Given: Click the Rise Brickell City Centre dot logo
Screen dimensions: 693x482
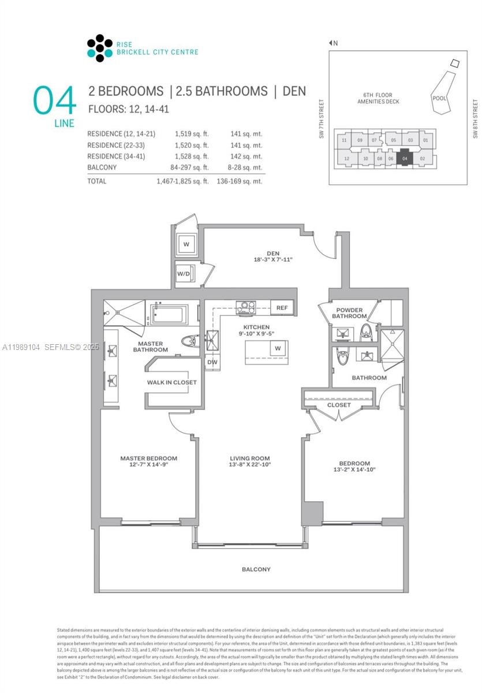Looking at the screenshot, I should [x=100, y=48].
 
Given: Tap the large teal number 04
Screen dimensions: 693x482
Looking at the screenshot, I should [x=55, y=100].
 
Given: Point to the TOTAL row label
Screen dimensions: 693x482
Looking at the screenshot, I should [x=97, y=181].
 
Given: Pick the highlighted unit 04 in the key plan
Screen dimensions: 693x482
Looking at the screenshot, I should [x=405, y=158].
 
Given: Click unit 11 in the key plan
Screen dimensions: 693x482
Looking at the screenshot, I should [x=344, y=140].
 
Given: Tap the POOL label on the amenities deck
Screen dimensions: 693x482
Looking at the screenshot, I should [x=439, y=98].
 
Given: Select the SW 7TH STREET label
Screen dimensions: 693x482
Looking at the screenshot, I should [x=322, y=120].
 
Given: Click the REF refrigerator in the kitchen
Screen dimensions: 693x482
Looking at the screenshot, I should [x=282, y=308].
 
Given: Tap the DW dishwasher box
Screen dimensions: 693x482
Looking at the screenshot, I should [x=211, y=362].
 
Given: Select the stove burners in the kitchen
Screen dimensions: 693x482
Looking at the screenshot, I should [x=246, y=308].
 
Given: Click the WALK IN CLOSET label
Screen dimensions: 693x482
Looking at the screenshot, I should [x=171, y=382].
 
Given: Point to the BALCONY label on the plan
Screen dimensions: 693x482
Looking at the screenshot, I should [x=256, y=569].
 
